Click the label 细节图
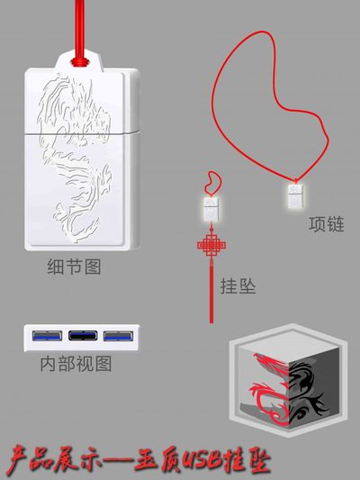[x=74, y=267]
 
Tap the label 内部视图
[x=76, y=364]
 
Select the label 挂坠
[x=238, y=286]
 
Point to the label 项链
[x=327, y=224]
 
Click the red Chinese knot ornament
[x=211, y=245]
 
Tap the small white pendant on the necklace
[x=295, y=196]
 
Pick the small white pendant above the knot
[x=211, y=209]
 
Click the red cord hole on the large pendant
[x=80, y=62]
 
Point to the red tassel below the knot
[x=211, y=291]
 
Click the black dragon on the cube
[x=306, y=390]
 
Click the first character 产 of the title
[x=19, y=462]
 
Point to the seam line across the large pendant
[x=82, y=133]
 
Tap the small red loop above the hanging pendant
[x=214, y=183]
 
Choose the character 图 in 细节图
[x=93, y=267]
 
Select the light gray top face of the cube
[x=289, y=347]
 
